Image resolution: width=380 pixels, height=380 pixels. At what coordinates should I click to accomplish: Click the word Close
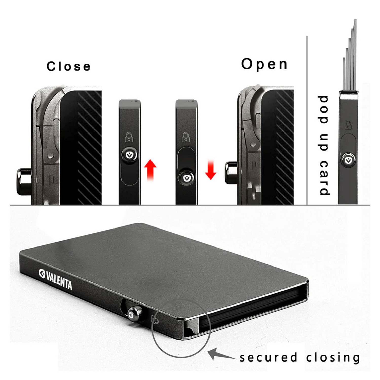click(x=68, y=66)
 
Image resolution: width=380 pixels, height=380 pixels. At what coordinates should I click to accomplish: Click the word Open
click(x=264, y=64)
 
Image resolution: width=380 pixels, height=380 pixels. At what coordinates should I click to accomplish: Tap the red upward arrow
click(x=150, y=170)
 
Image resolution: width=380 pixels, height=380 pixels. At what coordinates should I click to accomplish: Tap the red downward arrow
click(x=211, y=170)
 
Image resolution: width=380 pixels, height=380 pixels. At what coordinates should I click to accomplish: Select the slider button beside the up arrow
click(x=129, y=155)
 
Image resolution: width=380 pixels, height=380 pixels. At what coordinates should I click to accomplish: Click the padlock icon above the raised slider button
click(x=129, y=137)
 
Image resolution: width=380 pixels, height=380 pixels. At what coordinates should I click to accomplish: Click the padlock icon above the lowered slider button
click(x=186, y=137)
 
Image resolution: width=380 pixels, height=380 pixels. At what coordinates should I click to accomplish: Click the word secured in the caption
click(x=269, y=357)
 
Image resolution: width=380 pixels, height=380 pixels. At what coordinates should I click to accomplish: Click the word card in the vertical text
click(x=324, y=178)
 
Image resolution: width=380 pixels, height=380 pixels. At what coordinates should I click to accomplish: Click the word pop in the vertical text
click(x=324, y=109)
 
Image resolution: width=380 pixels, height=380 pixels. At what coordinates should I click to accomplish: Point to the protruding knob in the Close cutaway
click(x=24, y=182)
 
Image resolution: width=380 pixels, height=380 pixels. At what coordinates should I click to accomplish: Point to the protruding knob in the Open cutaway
click(x=231, y=173)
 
